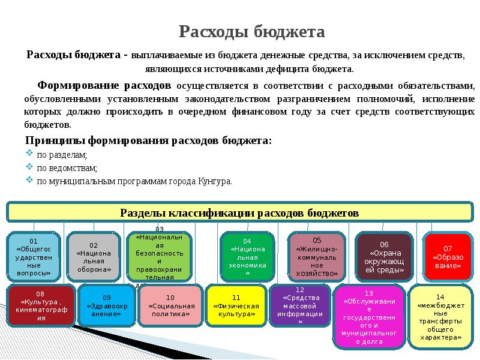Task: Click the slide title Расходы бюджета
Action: point(253,31)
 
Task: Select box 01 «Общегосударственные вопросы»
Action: point(34,257)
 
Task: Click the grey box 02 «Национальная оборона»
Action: point(94,257)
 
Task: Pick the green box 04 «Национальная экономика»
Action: point(247,257)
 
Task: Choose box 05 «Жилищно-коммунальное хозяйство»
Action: point(317,257)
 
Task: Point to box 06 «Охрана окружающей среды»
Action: point(384,257)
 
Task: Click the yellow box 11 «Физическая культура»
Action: point(236,305)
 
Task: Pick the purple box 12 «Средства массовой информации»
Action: point(300,305)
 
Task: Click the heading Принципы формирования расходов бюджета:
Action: point(148,141)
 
